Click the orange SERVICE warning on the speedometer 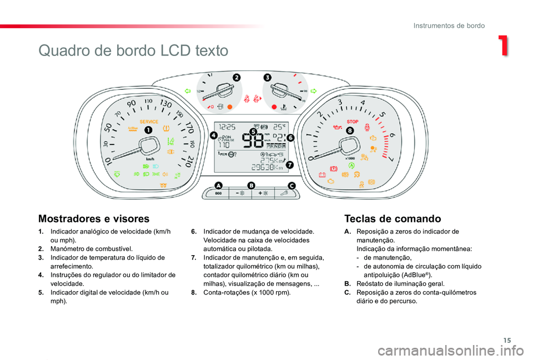pyautogui.click(x=148, y=121)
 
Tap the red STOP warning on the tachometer pyautogui.click(x=352, y=121)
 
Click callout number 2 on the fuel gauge pyautogui.click(x=237, y=78)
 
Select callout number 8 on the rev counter pyautogui.click(x=350, y=130)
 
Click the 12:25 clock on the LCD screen pyautogui.click(x=226, y=126)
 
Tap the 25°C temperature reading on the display pyautogui.click(x=278, y=126)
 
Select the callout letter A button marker pyautogui.click(x=218, y=185)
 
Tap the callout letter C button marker pyautogui.click(x=291, y=185)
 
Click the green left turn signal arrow pyautogui.click(x=188, y=90)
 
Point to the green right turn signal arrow pyautogui.click(x=313, y=90)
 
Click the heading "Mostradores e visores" pyautogui.click(x=94, y=219)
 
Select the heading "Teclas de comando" pyautogui.click(x=393, y=219)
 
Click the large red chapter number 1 pyautogui.click(x=502, y=46)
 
